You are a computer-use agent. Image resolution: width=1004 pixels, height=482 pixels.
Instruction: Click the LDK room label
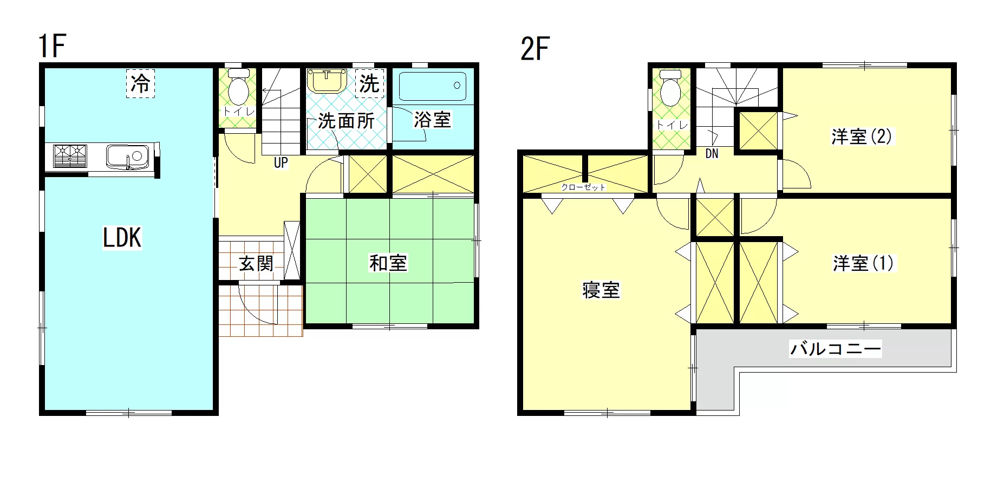click(122, 238)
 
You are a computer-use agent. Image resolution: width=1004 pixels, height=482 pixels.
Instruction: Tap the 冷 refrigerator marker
click(140, 83)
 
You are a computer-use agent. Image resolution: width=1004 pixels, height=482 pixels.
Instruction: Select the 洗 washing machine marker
click(369, 83)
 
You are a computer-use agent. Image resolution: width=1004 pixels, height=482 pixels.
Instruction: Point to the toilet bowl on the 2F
click(670, 88)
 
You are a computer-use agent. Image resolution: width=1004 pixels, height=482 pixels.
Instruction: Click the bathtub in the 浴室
click(433, 86)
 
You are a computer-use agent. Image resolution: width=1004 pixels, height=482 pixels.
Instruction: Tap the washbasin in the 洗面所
click(327, 81)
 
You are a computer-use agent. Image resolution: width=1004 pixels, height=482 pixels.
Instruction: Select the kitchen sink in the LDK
click(127, 157)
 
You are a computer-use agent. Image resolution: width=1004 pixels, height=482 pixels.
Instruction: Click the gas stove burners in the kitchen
click(70, 156)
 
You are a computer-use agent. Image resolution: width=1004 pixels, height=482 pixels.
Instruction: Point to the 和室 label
click(388, 263)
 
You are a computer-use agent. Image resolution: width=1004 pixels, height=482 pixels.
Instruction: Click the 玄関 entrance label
click(256, 264)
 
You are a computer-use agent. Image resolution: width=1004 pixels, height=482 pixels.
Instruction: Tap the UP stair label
click(281, 162)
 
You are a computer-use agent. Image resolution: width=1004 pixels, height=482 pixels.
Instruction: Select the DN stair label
click(712, 154)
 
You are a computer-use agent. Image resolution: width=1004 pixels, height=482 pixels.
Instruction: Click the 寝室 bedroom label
click(601, 290)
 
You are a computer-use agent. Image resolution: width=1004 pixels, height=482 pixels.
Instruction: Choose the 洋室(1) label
click(863, 264)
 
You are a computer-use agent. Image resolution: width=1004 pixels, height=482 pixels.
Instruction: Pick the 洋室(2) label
click(862, 136)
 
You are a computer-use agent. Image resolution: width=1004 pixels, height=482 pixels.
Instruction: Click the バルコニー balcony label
click(836, 348)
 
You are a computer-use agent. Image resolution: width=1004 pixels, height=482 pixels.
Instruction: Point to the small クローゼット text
click(583, 187)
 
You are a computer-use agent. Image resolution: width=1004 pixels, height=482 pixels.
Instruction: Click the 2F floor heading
click(535, 49)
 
